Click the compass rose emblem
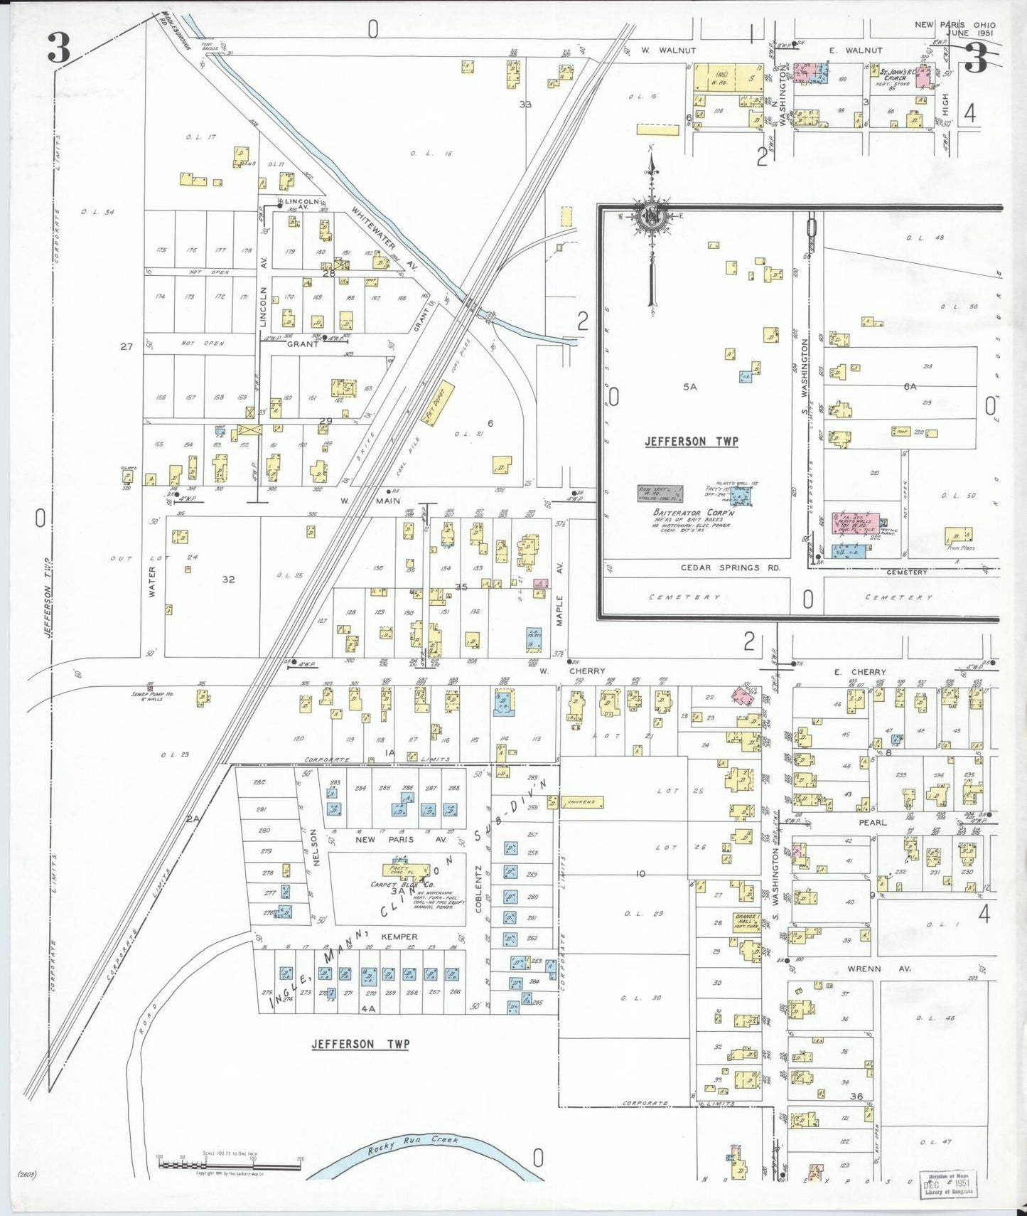[650, 216]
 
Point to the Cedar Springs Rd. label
[730, 567]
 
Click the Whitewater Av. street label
[377, 238]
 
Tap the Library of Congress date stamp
[947, 1184]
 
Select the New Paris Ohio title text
[955, 25]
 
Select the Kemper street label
[399, 937]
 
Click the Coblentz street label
[479, 888]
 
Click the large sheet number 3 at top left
[59, 48]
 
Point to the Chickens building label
[581, 802]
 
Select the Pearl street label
[873, 822]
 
